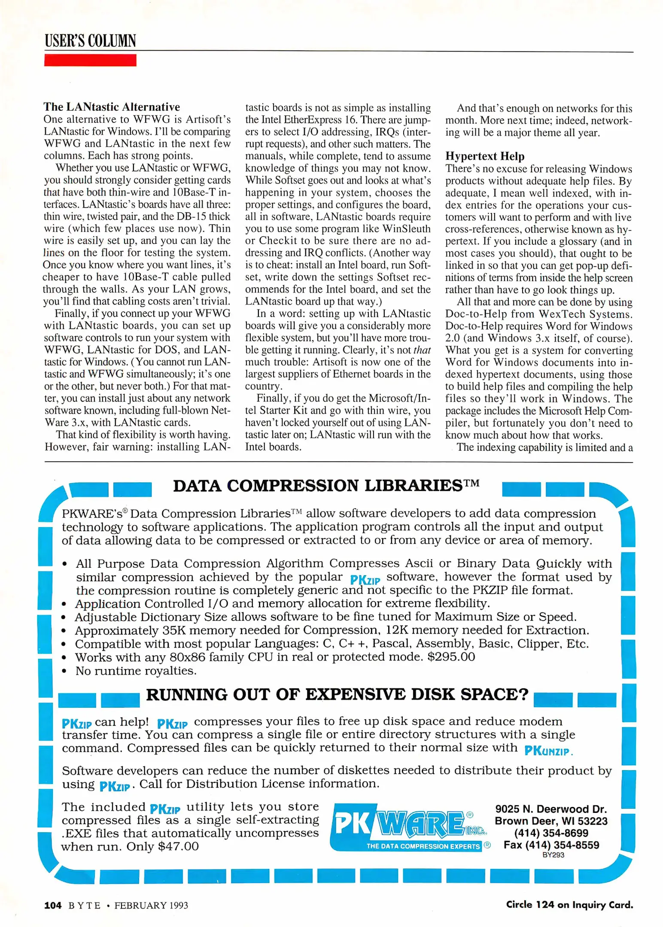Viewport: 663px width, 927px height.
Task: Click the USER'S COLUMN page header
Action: click(90, 41)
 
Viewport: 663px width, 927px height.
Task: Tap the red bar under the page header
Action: click(90, 60)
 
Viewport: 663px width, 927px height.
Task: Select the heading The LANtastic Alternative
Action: click(112, 106)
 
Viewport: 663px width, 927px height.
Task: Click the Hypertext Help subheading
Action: click(484, 156)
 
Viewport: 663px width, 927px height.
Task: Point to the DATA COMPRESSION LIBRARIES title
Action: click(326, 486)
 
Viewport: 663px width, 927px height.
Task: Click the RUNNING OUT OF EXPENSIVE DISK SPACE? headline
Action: click(337, 694)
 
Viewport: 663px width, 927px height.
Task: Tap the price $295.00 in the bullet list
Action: click(451, 657)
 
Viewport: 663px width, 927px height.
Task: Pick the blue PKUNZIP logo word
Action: click(547, 751)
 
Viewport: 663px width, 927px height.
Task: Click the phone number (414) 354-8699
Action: click(551, 833)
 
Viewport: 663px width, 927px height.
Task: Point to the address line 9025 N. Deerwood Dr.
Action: click(551, 809)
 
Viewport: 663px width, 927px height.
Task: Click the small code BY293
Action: click(553, 855)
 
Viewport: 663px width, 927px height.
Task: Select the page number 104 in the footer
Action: click(53, 905)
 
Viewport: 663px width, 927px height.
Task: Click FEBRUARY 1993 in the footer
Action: click(151, 906)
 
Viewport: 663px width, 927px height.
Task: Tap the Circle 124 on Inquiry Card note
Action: click(569, 905)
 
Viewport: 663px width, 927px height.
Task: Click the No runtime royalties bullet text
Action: click(136, 671)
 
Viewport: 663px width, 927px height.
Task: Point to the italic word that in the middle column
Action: click(422, 350)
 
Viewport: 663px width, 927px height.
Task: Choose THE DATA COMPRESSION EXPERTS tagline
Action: click(423, 846)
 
